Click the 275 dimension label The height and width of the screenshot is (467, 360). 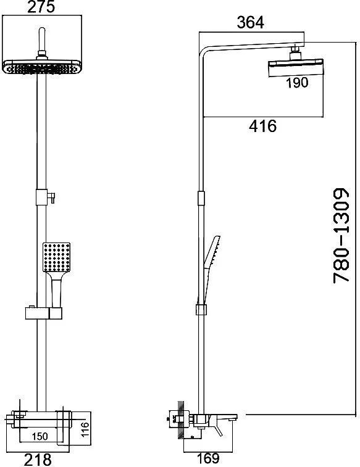click(41, 7)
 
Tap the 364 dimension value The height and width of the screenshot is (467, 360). click(250, 23)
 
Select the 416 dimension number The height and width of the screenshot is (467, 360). click(263, 126)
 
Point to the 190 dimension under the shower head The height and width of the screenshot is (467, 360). click(297, 83)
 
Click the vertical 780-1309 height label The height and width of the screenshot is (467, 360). click(341, 235)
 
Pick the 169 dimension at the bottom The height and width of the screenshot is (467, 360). click(208, 458)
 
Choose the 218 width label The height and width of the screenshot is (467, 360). click(38, 460)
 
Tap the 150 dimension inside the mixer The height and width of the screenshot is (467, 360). click(40, 436)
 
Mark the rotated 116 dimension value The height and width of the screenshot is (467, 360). click(85, 429)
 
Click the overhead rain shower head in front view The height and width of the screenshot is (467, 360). click(42, 67)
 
